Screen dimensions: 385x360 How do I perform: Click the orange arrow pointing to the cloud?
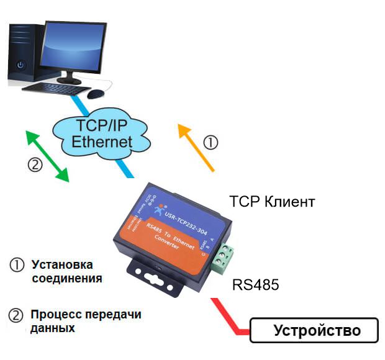coord(196,146)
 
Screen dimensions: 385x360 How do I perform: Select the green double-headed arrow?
coord(47,156)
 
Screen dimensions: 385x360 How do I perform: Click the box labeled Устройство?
coord(314,330)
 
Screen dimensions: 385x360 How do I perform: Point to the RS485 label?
coord(256,286)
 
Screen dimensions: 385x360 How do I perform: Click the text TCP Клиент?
coord(273,202)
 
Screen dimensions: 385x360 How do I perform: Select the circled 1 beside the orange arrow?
coord(211,143)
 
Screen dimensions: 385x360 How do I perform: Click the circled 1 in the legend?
coord(17,264)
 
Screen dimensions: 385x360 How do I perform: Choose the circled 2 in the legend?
coord(17,315)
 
